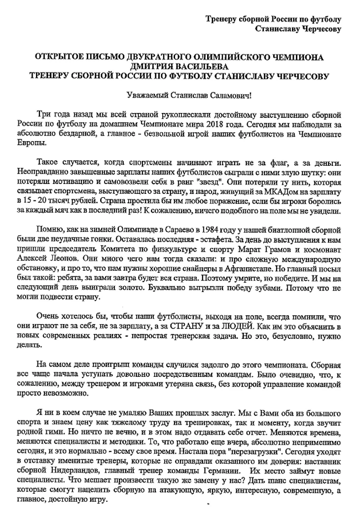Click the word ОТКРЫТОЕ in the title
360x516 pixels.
(59, 57)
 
